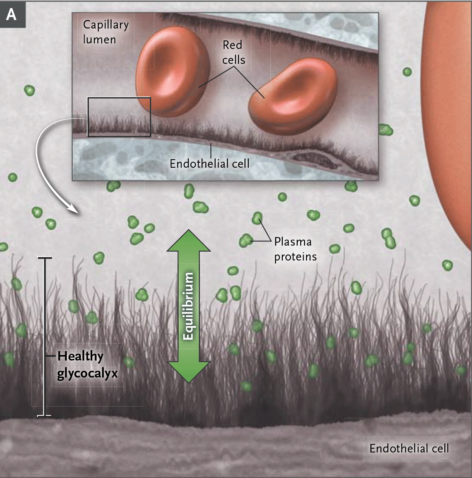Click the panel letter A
[x=11, y=15]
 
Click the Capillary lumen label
[x=105, y=32]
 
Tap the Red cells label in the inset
[x=233, y=52]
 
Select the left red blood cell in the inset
[x=172, y=71]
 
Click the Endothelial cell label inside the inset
[x=209, y=163]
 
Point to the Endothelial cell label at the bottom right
[x=409, y=448]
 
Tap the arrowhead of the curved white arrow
[x=74, y=210]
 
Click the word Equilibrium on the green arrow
[x=188, y=306]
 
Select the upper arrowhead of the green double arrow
[x=188, y=240]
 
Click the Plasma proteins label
[x=295, y=249]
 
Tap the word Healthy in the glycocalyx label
[x=80, y=356]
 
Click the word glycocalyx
[x=87, y=373]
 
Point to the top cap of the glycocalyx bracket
[x=45, y=258]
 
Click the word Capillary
[x=105, y=25]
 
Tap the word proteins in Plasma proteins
[x=295, y=257]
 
